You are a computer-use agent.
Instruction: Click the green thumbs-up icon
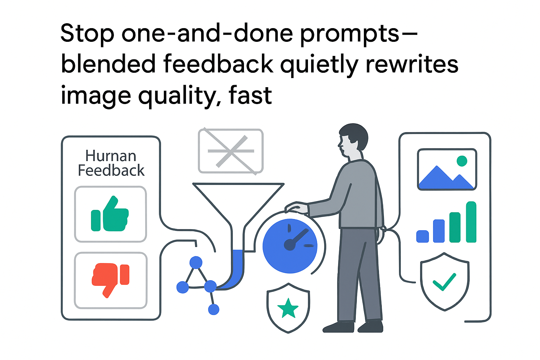tap(110, 215)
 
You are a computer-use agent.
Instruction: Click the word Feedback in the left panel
tap(111, 171)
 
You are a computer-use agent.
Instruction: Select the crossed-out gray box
tap(231, 151)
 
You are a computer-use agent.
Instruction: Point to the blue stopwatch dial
tap(290, 246)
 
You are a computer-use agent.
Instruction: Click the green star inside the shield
tap(288, 308)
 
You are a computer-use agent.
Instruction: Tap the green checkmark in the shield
tap(444, 282)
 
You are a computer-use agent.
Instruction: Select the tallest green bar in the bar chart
tap(471, 222)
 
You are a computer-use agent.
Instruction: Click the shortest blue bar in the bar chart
tap(422, 236)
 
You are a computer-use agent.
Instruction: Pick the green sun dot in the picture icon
tap(462, 161)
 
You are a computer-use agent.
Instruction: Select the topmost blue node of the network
tap(196, 262)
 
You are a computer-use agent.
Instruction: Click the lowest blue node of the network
tap(213, 309)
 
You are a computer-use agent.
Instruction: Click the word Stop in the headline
tap(87, 34)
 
